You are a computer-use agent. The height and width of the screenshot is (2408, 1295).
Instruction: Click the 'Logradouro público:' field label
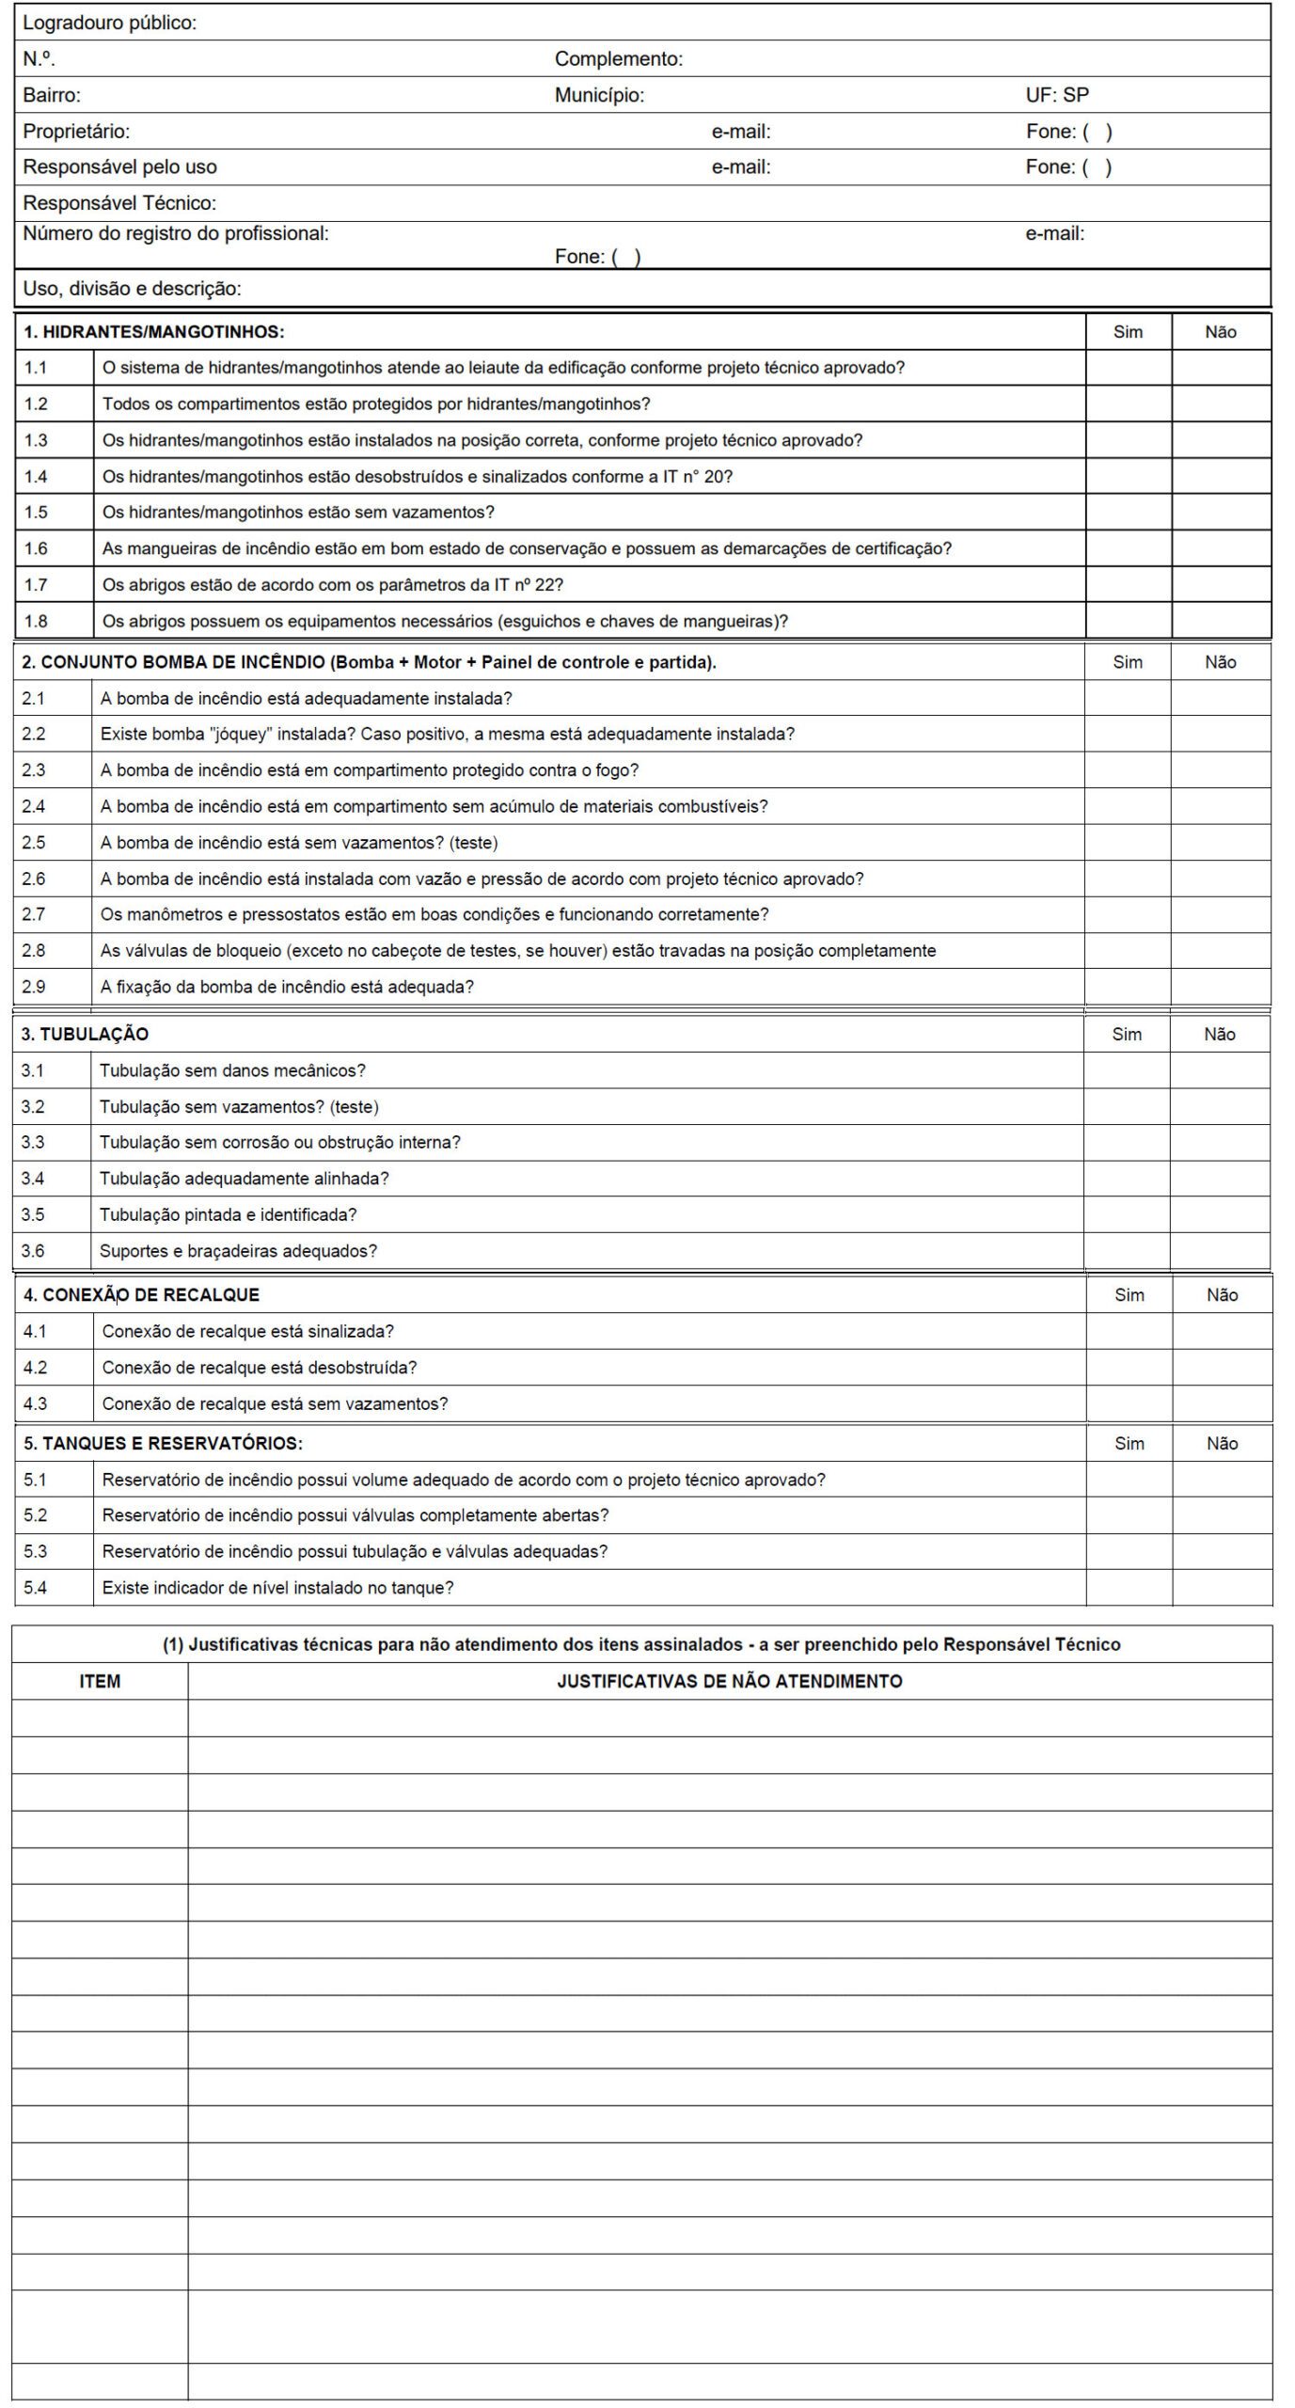point(110,24)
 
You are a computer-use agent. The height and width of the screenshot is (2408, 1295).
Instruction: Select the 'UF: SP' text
point(1057,95)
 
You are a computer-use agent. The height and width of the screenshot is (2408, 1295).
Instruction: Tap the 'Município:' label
point(599,95)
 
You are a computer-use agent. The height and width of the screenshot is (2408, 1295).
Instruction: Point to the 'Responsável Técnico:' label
point(119,203)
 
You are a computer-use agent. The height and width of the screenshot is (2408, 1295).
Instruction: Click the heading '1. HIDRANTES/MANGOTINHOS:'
point(153,332)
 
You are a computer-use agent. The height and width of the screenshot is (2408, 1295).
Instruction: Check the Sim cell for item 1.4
point(1128,477)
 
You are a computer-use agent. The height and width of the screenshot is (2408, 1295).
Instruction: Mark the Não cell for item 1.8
point(1221,621)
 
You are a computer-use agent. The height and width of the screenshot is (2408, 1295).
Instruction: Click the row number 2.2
point(34,734)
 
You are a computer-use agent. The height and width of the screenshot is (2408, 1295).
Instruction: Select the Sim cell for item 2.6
point(1127,879)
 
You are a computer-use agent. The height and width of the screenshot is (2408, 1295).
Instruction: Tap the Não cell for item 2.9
point(1220,987)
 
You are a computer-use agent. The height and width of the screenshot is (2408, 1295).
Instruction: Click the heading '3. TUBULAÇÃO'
point(85,1034)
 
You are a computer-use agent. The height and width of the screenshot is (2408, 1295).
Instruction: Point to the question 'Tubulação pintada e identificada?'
point(229,1214)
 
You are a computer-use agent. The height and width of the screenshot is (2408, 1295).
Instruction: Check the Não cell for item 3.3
point(1219,1142)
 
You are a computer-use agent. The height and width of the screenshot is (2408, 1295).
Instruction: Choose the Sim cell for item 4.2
point(1129,1367)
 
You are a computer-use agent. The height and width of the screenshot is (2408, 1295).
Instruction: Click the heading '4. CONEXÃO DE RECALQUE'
point(141,1295)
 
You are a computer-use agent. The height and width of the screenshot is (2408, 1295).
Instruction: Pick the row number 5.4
point(36,1588)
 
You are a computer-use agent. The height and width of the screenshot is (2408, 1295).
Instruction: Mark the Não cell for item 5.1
point(1222,1480)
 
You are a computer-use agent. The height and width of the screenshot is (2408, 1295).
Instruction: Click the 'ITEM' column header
point(100,1681)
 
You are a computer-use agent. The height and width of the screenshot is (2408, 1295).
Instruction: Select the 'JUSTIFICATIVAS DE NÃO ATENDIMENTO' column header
point(729,1681)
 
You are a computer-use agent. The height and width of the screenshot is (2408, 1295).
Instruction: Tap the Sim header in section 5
point(1129,1443)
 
